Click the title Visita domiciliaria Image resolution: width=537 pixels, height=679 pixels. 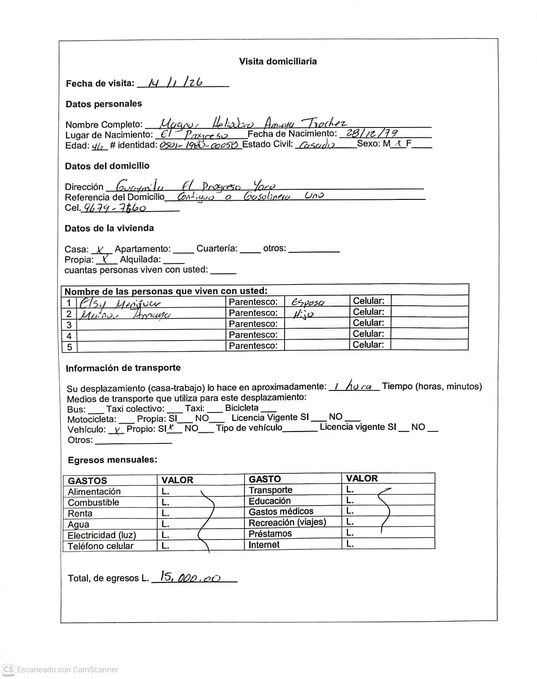pyautogui.click(x=278, y=61)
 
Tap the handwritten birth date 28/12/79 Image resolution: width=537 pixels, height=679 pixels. pyautogui.click(x=372, y=133)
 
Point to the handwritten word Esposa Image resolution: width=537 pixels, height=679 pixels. pyautogui.click(x=308, y=302)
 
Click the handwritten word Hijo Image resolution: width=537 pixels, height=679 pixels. pyautogui.click(x=303, y=314)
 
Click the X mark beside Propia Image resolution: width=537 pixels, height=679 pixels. pyautogui.click(x=105, y=260)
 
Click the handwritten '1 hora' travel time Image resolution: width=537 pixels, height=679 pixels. pyautogui.click(x=353, y=386)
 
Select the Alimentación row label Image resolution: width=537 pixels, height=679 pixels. pyautogui.click(x=94, y=491)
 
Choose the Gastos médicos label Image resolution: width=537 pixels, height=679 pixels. pyautogui.click(x=281, y=512)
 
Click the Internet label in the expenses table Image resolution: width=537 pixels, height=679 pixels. pyautogui.click(x=264, y=544)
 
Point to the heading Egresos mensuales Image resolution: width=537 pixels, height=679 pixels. pyautogui.click(x=112, y=460)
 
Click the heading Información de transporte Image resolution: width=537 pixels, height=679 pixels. pyautogui.click(x=123, y=368)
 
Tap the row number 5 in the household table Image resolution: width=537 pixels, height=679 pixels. pyautogui.click(x=69, y=347)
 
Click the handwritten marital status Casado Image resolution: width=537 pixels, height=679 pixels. pyautogui.click(x=316, y=145)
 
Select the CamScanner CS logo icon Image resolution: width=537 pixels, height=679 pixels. pyautogui.click(x=8, y=669)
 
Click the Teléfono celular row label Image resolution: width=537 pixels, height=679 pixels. pyautogui.click(x=100, y=546)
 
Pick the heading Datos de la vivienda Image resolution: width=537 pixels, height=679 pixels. pyautogui.click(x=109, y=228)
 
